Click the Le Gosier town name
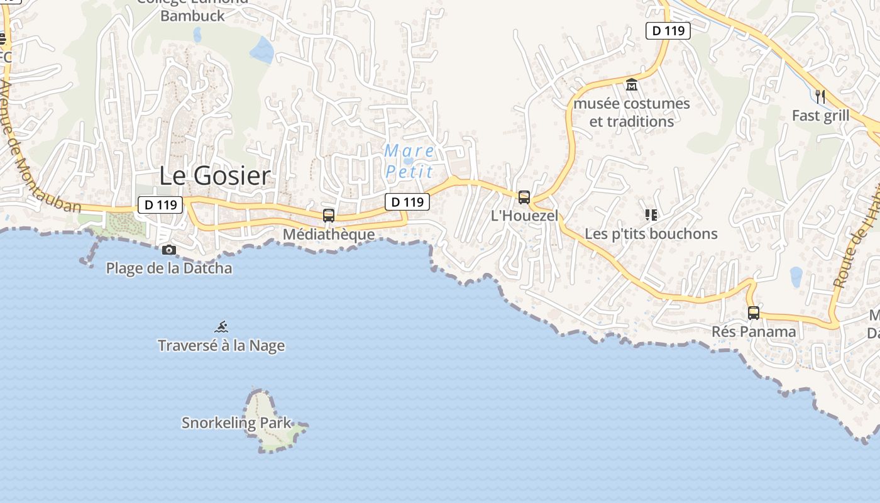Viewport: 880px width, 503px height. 214,175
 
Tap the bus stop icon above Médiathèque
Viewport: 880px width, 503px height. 328,216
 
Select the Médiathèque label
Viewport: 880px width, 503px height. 329,235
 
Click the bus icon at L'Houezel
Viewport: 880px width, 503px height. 524,197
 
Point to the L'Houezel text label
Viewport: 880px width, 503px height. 524,216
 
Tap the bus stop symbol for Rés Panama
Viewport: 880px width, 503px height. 754,312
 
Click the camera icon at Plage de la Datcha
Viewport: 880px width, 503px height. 168,250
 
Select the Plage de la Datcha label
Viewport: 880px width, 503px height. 168,268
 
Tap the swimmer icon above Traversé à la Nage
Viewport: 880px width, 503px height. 221,327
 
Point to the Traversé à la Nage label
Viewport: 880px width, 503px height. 221,345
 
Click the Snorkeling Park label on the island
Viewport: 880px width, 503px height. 237,423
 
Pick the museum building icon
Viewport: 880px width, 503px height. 632,84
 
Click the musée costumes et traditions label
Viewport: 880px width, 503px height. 632,112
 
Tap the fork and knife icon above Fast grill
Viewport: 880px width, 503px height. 820,96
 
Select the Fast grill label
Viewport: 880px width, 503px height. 820,116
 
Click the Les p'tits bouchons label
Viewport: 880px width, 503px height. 651,233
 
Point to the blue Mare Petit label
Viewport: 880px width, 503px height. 409,161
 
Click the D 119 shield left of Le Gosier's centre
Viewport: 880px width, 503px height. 160,204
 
